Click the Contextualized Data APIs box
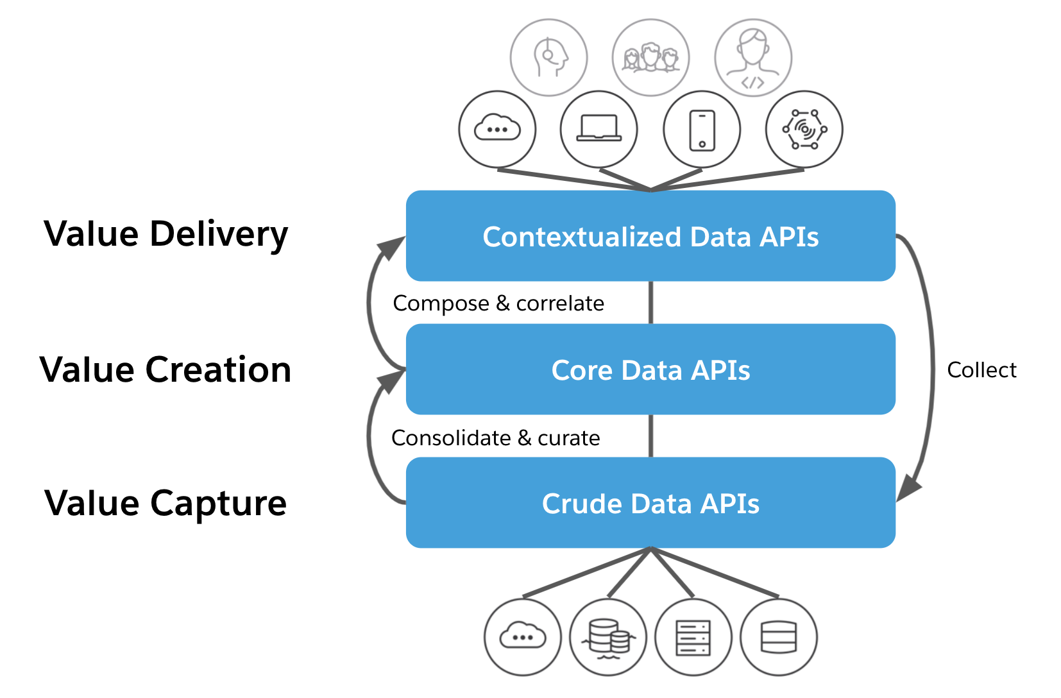coord(650,236)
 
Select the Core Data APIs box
coord(650,370)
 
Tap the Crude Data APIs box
coord(650,503)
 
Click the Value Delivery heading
coord(166,234)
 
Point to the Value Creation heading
coord(166,370)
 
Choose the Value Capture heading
coord(166,503)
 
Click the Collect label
coord(981,370)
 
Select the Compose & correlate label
coord(498,303)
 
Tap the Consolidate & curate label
coord(496,438)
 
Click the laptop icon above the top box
coord(598,129)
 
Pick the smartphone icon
coord(702,130)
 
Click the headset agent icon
coord(548,58)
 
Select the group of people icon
coord(650,58)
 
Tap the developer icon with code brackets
coord(753,58)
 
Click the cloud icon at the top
coord(497,129)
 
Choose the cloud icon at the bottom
coord(522,637)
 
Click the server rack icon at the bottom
coord(693,637)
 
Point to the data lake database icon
coord(607,638)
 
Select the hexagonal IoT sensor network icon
coord(804,129)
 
